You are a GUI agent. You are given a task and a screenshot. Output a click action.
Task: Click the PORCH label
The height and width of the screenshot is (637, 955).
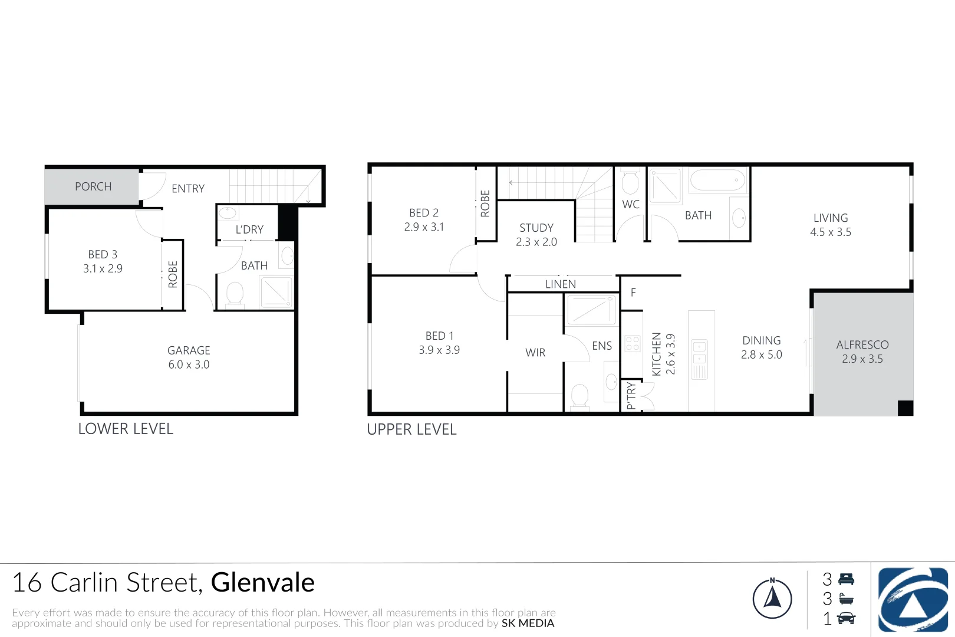pyautogui.click(x=93, y=186)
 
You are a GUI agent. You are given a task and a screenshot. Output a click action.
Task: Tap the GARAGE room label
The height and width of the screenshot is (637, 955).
pyautogui.click(x=189, y=350)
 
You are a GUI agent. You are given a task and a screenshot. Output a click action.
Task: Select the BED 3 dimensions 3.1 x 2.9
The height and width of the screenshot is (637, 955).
pyautogui.click(x=103, y=269)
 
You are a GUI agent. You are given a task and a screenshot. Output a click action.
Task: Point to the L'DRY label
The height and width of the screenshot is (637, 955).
pyautogui.click(x=249, y=229)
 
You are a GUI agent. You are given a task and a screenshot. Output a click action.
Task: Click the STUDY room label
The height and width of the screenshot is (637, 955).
pyautogui.click(x=536, y=228)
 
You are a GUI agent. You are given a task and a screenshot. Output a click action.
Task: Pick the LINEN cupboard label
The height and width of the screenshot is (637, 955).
pyautogui.click(x=561, y=284)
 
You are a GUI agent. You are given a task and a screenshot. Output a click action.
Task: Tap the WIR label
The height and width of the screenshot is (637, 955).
pyautogui.click(x=535, y=353)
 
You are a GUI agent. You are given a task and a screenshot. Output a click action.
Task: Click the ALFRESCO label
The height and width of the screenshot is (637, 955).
pyautogui.click(x=862, y=345)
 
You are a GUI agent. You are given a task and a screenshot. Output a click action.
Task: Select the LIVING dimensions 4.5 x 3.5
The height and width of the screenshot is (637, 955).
pyautogui.click(x=831, y=232)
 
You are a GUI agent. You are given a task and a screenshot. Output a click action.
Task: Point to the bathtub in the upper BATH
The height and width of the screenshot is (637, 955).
pyautogui.click(x=717, y=180)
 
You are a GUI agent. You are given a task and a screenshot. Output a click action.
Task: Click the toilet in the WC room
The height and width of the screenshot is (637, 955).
pyautogui.click(x=630, y=182)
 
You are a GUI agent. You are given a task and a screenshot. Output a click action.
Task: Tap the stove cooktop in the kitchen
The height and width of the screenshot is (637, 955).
pyautogui.click(x=633, y=343)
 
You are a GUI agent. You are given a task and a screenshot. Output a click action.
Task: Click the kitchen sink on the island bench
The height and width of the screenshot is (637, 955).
pyautogui.click(x=700, y=352)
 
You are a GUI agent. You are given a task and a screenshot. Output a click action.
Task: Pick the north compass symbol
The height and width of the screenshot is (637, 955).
pyautogui.click(x=772, y=598)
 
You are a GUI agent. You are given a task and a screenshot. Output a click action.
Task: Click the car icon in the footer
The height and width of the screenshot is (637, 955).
pyautogui.click(x=846, y=618)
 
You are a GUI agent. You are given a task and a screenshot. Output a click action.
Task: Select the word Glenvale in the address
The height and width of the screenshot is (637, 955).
pyautogui.click(x=263, y=583)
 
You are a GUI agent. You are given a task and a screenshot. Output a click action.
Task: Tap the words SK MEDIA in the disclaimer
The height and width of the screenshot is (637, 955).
pyautogui.click(x=528, y=623)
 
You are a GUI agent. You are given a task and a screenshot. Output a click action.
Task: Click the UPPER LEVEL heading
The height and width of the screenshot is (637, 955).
pyautogui.click(x=411, y=429)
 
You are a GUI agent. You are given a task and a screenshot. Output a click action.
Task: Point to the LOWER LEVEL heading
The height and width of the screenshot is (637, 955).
pyautogui.click(x=126, y=429)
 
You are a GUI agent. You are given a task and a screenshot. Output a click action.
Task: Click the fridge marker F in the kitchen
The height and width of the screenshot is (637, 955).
pyautogui.click(x=633, y=293)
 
